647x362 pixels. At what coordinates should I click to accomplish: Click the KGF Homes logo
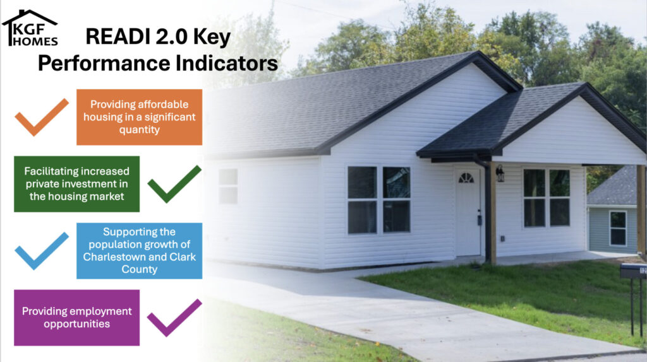[x=30, y=28]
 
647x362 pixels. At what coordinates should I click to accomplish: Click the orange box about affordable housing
[x=139, y=117]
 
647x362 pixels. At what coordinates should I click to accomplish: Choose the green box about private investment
[x=76, y=184]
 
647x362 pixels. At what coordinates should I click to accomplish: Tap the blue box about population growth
[x=139, y=251]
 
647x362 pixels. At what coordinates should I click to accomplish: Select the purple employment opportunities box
[x=76, y=317]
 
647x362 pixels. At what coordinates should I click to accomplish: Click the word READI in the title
[x=118, y=36]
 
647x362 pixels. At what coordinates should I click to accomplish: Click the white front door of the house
[x=468, y=211]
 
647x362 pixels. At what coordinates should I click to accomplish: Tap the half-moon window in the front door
[x=466, y=177]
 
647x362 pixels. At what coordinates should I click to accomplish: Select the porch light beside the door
[x=500, y=173]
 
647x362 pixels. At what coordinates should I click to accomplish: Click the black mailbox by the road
[x=633, y=271]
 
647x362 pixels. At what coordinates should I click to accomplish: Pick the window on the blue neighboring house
[x=618, y=228]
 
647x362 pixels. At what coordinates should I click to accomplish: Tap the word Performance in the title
[x=104, y=64]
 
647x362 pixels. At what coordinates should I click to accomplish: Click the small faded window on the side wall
[x=227, y=186]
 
